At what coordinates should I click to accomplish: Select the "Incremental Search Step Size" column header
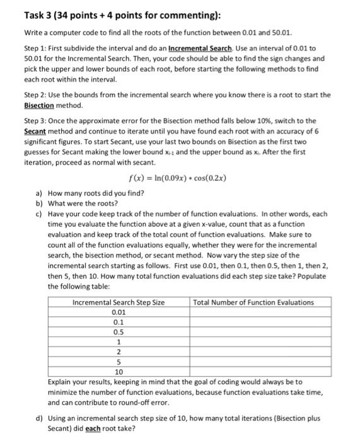119,302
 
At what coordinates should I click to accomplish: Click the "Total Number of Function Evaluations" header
253,302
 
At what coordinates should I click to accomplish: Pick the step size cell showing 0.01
119,312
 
